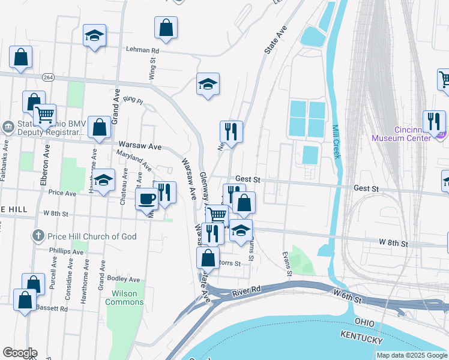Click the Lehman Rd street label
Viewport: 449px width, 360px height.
point(142,51)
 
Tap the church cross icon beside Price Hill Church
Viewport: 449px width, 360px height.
point(38,236)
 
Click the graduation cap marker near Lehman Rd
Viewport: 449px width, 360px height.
point(94,35)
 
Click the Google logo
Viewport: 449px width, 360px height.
point(20,353)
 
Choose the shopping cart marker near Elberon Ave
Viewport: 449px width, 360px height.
point(44,114)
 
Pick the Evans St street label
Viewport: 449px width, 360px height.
point(286,264)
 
